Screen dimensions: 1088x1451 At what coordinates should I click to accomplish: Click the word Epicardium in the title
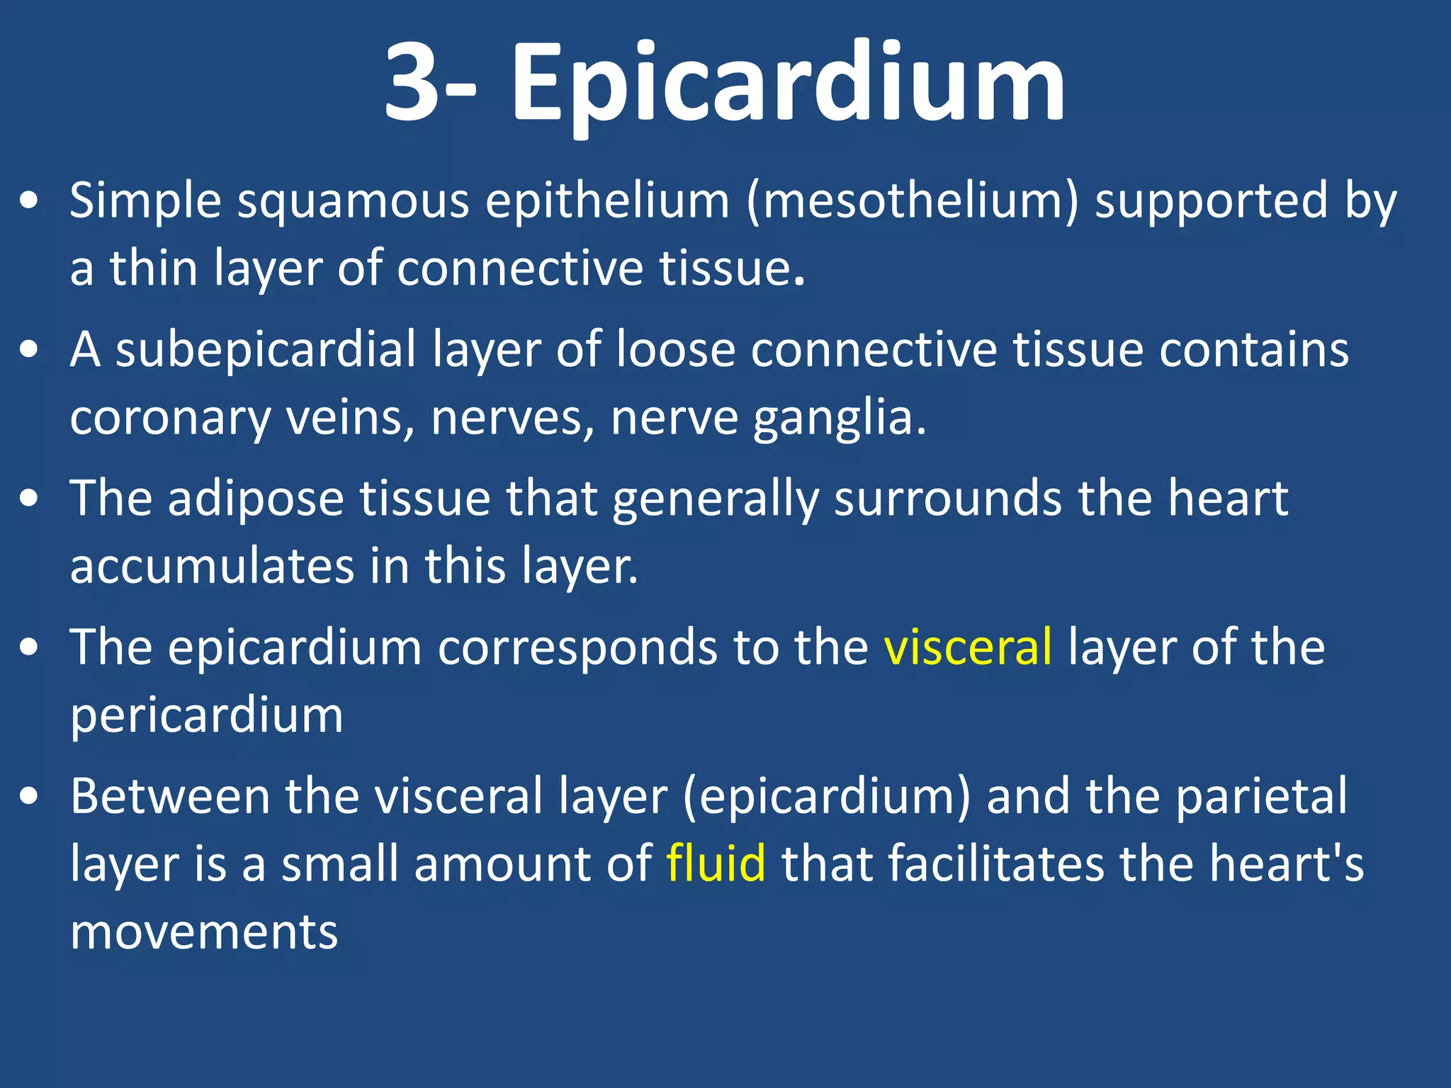(788, 84)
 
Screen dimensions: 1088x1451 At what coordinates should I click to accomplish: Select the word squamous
(353, 201)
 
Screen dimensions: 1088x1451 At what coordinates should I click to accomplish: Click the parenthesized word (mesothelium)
(913, 201)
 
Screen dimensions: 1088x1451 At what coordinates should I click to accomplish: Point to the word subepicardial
(266, 350)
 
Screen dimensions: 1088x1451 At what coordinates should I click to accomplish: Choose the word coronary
(170, 418)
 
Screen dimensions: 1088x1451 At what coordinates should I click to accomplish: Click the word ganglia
(840, 418)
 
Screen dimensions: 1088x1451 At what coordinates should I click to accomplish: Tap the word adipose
(256, 499)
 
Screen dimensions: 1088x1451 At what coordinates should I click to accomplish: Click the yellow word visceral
(968, 647)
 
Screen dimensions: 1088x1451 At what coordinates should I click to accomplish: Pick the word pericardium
(207, 715)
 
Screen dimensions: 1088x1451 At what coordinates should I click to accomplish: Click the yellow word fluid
(716, 863)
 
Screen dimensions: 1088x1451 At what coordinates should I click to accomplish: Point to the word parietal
(1262, 796)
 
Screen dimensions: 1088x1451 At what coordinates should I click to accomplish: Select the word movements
(204, 931)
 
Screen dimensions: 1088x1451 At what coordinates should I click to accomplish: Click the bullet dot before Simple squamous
(29, 202)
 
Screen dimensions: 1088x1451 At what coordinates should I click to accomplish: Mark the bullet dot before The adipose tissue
(29, 499)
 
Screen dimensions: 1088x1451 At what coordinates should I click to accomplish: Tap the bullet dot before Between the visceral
(29, 797)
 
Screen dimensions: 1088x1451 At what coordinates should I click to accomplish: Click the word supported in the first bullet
(1211, 201)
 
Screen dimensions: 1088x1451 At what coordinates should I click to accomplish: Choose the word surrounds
(947, 499)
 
